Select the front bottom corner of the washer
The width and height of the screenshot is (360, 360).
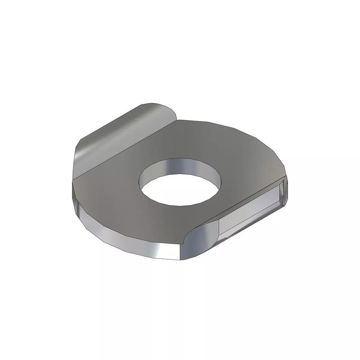coord(182,260)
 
